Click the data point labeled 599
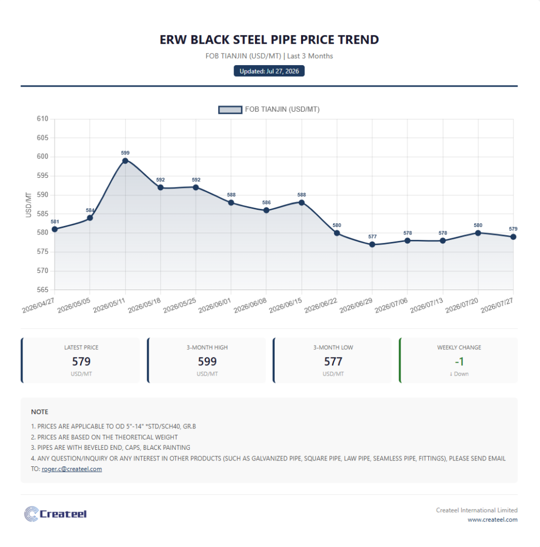(x=125, y=161)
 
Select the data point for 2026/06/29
(x=372, y=245)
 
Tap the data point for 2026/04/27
(x=55, y=229)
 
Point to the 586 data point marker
(x=266, y=210)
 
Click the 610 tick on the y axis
(x=43, y=119)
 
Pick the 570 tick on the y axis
(x=43, y=271)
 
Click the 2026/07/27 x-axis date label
(x=497, y=305)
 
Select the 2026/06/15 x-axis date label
(x=285, y=305)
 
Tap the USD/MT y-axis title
(x=29, y=205)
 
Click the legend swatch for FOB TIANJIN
(x=230, y=110)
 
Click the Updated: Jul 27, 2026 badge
(x=269, y=71)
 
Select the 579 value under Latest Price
(x=81, y=362)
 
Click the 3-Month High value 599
(x=207, y=362)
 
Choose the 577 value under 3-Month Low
(x=333, y=362)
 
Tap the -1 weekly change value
(x=459, y=362)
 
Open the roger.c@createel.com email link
(x=72, y=469)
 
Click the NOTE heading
(x=40, y=412)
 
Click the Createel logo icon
(x=32, y=514)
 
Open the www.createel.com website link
(x=492, y=519)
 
